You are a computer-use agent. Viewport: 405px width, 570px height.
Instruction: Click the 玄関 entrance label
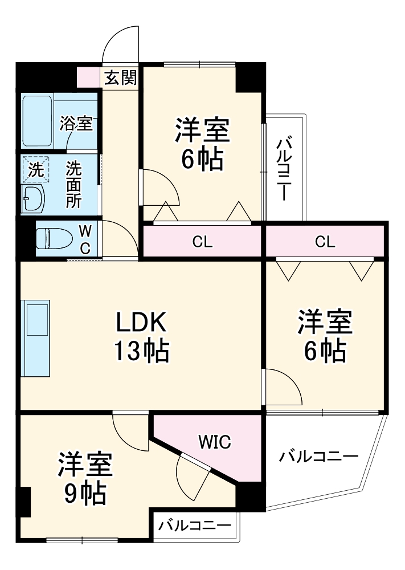(120, 78)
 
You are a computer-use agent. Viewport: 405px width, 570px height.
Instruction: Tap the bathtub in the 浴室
(38, 121)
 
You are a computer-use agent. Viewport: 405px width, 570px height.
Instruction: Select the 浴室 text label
(76, 124)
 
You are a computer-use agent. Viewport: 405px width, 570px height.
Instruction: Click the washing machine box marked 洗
(35, 169)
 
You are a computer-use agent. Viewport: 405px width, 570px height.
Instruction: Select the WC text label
(84, 239)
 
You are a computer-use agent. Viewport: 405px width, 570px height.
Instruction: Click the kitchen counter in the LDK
(35, 338)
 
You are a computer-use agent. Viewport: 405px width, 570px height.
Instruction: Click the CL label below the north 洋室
(202, 242)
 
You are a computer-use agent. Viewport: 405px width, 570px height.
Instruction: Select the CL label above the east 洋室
(325, 242)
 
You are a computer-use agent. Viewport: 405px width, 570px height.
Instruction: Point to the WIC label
(214, 441)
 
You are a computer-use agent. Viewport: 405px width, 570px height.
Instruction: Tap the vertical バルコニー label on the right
(283, 169)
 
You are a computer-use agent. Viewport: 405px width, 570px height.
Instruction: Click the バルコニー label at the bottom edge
(195, 526)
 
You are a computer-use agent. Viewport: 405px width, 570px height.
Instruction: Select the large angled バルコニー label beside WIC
(319, 457)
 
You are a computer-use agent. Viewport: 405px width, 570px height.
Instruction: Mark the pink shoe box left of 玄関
(88, 76)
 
